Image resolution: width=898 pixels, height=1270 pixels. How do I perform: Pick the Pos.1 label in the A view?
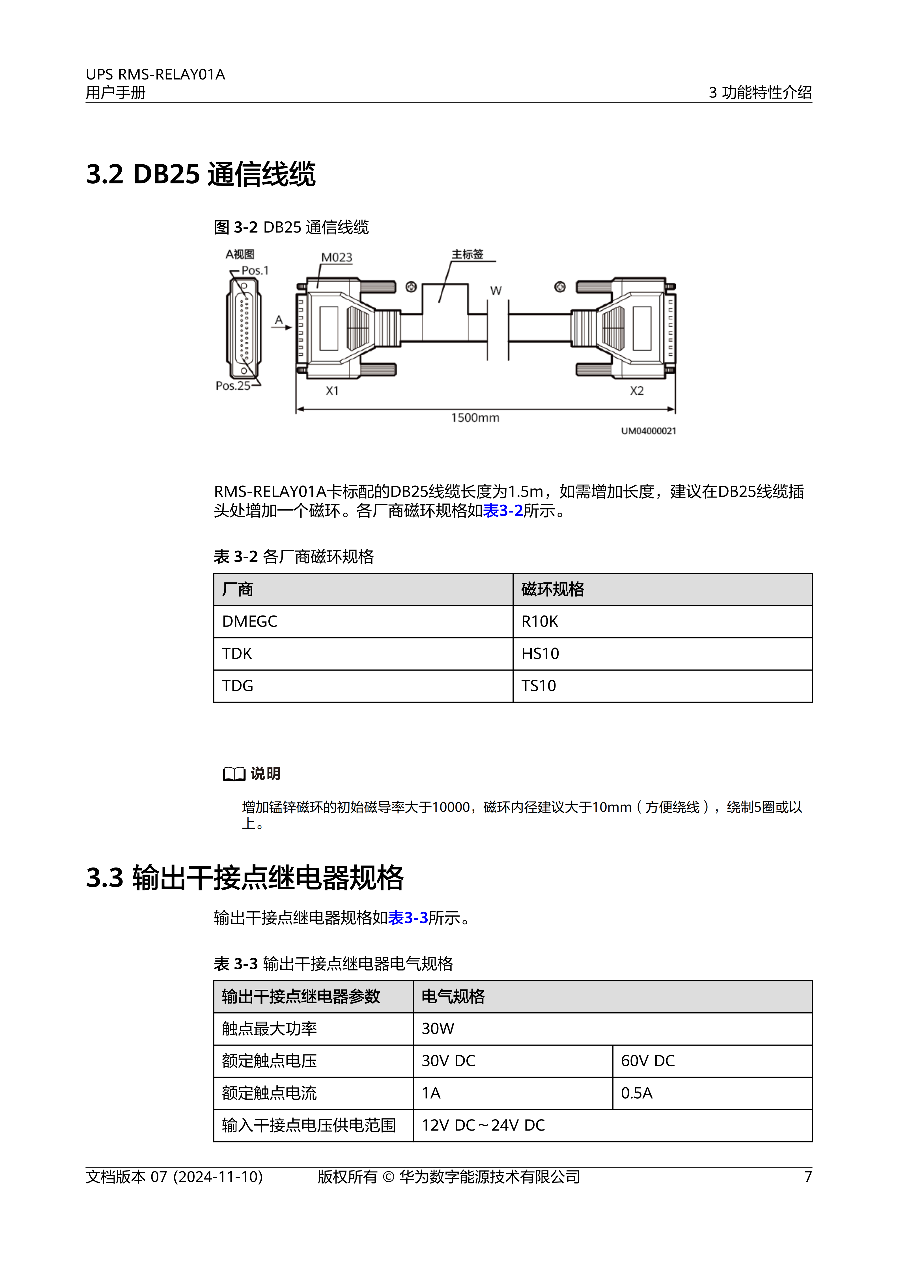pos(255,270)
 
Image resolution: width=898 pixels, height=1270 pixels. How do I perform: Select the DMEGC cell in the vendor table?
pos(249,622)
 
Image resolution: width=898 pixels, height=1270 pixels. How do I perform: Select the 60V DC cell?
pos(647,1061)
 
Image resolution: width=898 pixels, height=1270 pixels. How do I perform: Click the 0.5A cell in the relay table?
pos(636,1093)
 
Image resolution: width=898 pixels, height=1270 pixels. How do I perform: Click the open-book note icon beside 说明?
pos(234,774)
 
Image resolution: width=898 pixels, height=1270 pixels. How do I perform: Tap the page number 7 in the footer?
pos(808,1177)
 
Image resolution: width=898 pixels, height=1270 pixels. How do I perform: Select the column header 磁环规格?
pos(552,590)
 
